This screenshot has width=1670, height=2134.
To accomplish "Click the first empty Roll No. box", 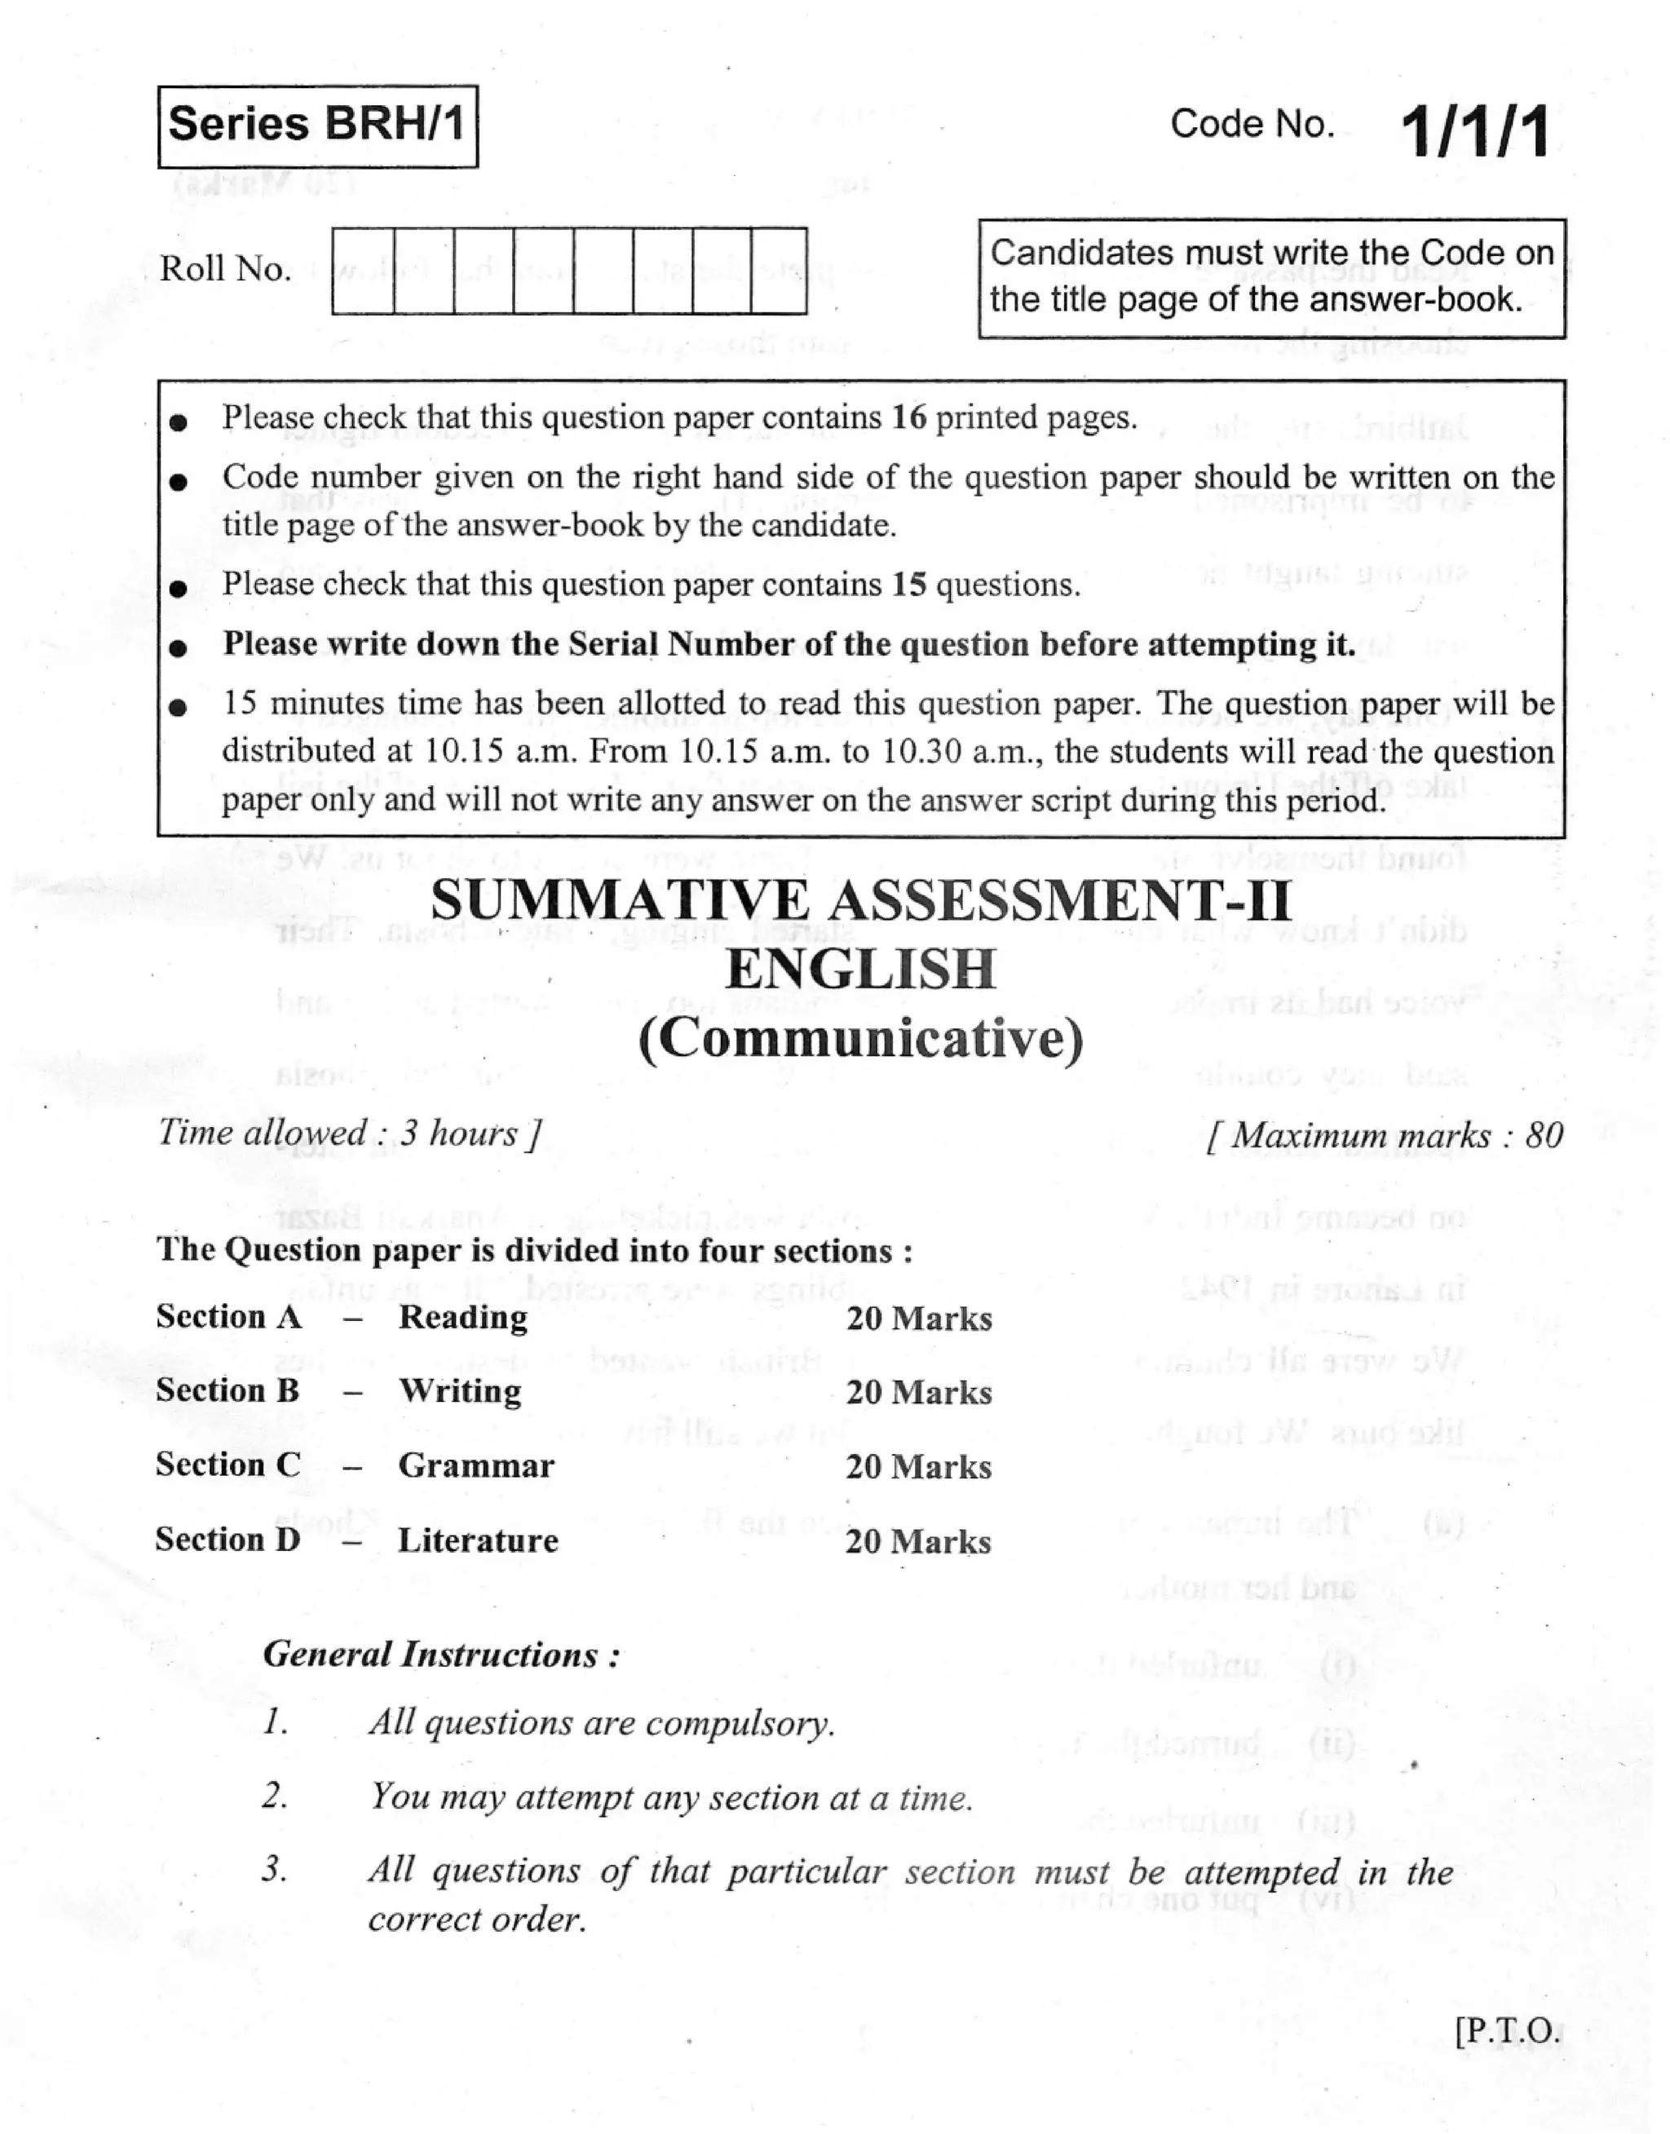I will click(363, 271).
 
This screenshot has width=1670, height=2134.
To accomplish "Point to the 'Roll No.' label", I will click(226, 269).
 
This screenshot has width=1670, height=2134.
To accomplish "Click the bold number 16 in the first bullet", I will click(908, 418).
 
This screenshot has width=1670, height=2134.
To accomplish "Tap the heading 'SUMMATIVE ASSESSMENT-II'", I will click(861, 900).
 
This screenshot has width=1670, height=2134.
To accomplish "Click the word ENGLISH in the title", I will click(861, 970).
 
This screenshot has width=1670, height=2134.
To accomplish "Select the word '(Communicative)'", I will click(861, 1039).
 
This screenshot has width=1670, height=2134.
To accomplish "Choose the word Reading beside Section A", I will click(462, 1318).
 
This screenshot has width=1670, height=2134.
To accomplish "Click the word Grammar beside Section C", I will click(476, 1466).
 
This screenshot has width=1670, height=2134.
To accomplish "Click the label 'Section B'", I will click(228, 1391).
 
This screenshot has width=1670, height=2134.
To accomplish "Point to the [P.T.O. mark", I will click(1508, 2031).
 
